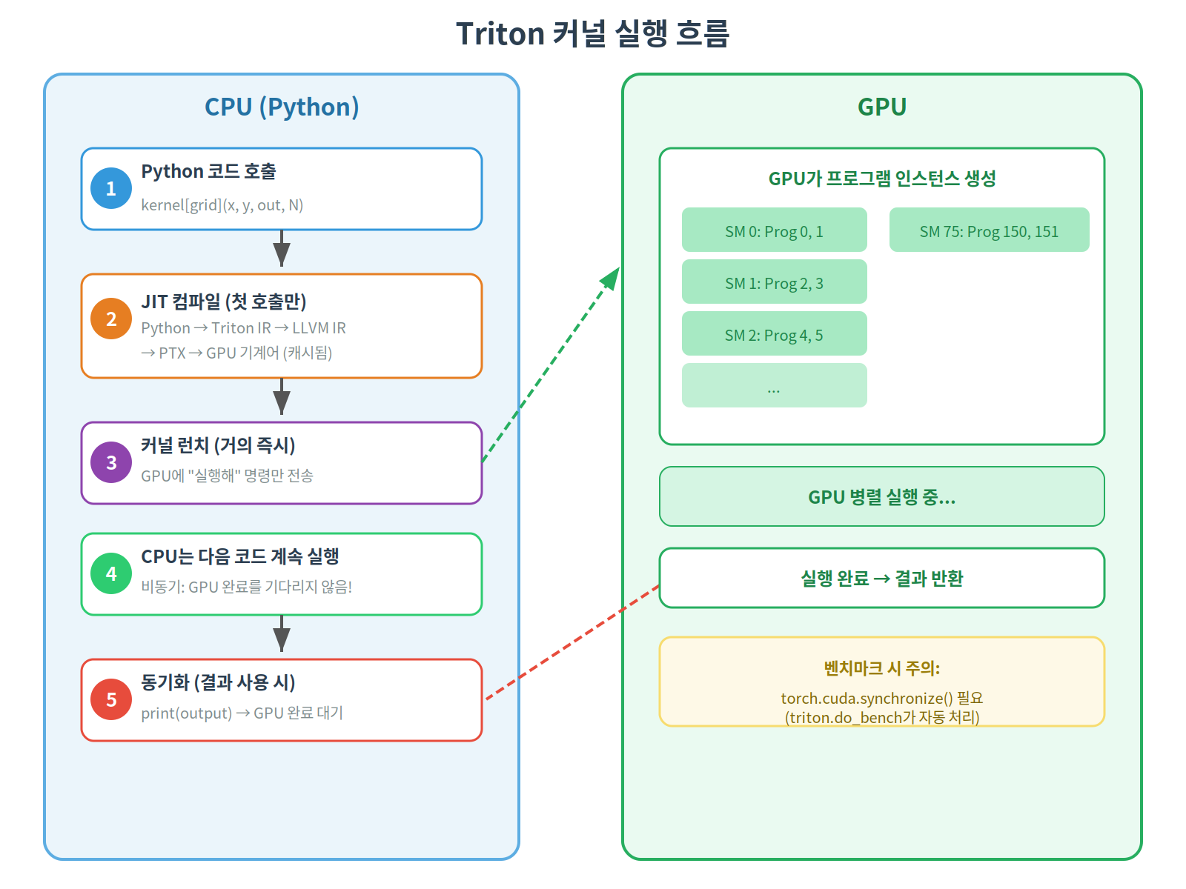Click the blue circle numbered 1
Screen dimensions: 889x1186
(x=111, y=188)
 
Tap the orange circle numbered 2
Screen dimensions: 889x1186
(x=111, y=319)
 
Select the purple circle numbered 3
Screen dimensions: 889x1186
(x=111, y=462)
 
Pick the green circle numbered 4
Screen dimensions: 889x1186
(x=111, y=573)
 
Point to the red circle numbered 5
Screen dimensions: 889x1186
(x=111, y=699)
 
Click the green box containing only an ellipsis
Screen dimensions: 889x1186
(x=774, y=385)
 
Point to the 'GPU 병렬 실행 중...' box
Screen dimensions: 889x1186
(x=881, y=496)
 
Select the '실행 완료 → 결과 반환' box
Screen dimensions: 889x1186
(x=881, y=578)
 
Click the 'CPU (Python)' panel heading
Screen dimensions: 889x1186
(x=282, y=107)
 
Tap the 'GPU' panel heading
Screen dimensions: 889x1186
(x=881, y=107)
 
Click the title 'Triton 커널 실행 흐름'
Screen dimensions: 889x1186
(x=593, y=33)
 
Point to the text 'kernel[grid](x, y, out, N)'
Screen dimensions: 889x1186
(x=222, y=205)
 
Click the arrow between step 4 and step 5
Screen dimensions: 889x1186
(x=282, y=636)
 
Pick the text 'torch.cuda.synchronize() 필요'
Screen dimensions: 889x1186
(x=881, y=698)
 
